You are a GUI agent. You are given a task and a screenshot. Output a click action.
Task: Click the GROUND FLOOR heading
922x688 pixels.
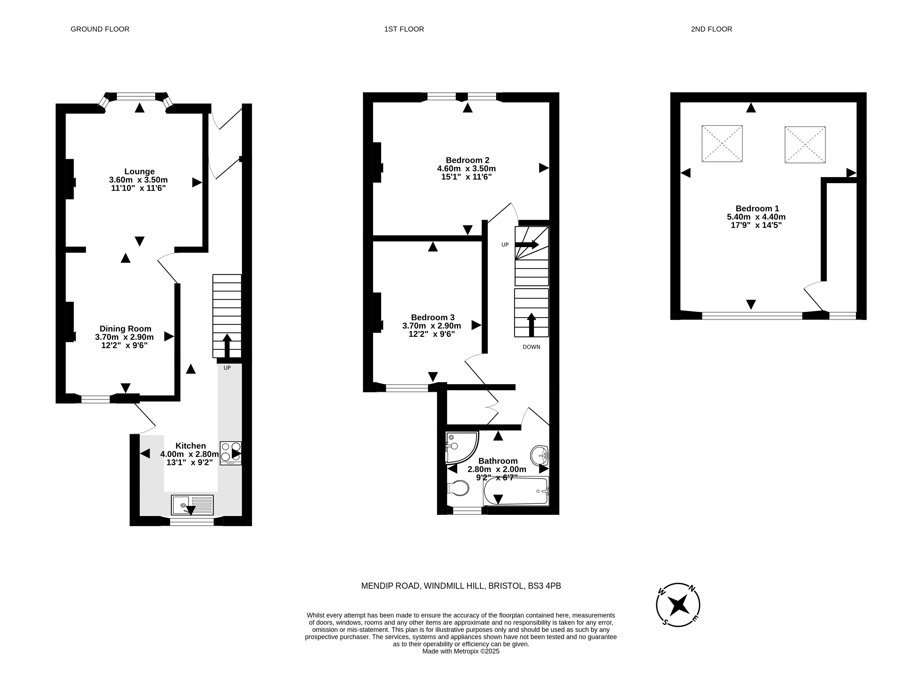(100, 29)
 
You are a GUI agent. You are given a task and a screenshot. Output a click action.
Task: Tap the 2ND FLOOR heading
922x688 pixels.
(711, 29)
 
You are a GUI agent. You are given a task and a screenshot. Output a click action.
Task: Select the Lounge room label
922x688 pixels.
(139, 172)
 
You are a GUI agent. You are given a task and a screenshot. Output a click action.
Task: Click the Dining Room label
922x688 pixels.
(125, 329)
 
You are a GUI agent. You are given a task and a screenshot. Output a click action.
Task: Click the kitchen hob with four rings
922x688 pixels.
(231, 453)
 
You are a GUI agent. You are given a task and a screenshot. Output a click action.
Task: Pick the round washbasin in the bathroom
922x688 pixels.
(539, 456)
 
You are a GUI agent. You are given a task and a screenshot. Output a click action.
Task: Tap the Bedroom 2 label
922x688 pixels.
(467, 160)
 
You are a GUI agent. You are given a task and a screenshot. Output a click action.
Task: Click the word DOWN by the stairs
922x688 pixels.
(531, 347)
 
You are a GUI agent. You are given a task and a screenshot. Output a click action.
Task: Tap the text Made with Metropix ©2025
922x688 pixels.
(461, 651)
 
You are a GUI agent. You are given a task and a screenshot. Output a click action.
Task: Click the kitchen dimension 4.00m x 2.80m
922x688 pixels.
(190, 454)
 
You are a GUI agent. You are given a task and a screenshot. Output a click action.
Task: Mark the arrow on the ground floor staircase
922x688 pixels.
(227, 346)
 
